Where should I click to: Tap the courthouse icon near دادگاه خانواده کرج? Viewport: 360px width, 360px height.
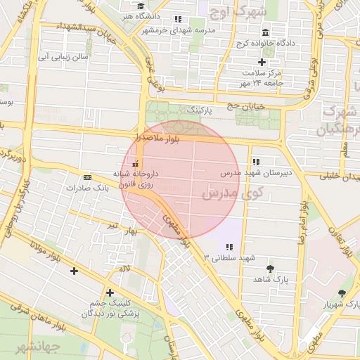265,33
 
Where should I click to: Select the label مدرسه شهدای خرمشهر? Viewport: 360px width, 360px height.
178,30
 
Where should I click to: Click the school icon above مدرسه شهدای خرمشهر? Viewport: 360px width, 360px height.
178,20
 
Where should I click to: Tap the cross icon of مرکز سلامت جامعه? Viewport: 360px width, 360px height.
262,62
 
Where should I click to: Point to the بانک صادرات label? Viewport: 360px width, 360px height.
86,188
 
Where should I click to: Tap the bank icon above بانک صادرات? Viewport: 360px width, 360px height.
86,177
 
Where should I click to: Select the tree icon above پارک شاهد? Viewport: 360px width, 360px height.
270,269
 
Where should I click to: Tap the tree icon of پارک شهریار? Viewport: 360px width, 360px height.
342,293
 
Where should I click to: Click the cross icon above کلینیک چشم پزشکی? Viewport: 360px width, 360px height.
109,292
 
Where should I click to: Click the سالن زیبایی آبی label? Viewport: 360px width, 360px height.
64,56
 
